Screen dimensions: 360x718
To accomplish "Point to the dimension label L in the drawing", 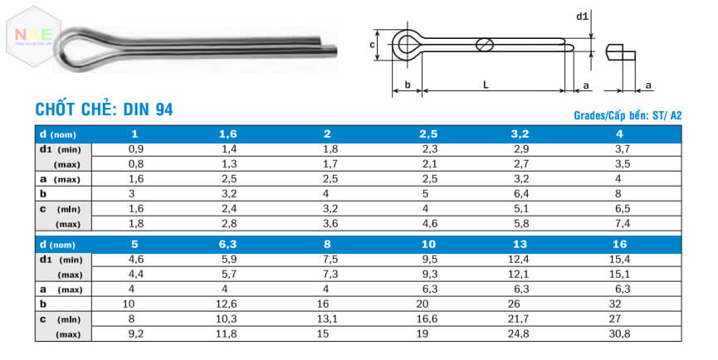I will pos(486,85).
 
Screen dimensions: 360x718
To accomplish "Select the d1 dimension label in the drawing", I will pos(582,16).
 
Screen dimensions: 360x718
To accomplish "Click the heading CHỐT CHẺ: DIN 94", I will pos(104,109).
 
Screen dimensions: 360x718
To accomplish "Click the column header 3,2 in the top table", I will pos(519,134).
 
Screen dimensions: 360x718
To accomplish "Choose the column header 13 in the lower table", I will pos(519,245).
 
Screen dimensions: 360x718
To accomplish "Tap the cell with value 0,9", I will pos(135,148).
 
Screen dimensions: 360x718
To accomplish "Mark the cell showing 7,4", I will pos(623,223).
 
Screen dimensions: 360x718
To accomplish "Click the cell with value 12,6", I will pos(227,304).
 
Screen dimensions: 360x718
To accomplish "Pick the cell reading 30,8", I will pos(623,333).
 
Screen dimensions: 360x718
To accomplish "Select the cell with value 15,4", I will pos(623,260).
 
